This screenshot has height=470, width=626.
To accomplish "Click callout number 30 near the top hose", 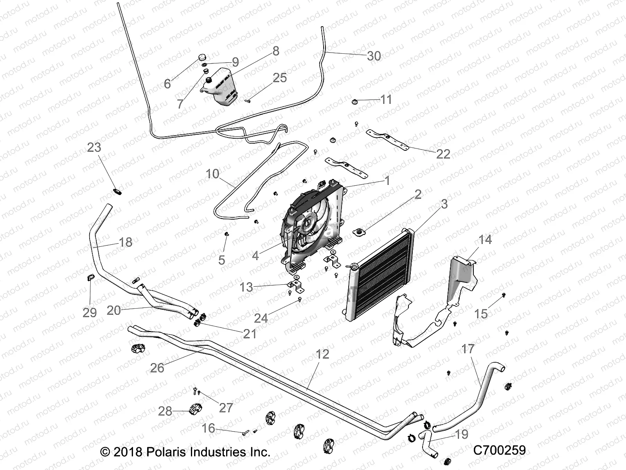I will coord(374,56).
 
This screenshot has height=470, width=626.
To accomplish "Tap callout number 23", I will coord(94,148).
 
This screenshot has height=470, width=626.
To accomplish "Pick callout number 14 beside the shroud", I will coord(485,239).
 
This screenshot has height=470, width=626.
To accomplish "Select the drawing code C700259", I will coord(500,450).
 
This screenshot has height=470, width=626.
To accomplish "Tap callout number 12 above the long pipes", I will coord(322,354).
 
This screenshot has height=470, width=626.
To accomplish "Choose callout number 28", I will coord(165,411).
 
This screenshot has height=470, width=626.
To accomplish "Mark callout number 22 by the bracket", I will coord(443,154).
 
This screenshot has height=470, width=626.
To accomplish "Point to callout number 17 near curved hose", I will coord(468,349).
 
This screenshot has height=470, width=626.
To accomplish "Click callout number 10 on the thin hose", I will coord(212,174).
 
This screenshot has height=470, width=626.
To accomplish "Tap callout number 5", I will coord(221,260).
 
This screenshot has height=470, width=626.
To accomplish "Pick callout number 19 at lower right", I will coord(462,435).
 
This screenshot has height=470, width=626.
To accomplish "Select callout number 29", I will coord(90,312).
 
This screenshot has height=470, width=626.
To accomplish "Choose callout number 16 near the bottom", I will coord(208,428).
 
